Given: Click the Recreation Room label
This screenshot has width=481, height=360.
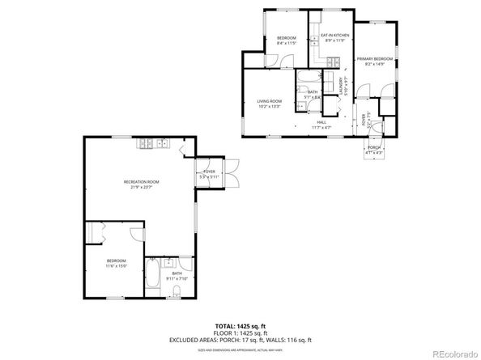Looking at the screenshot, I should [141, 182].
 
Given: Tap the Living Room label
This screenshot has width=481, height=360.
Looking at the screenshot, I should [269, 101].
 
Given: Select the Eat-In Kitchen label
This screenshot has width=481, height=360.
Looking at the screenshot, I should [334, 36].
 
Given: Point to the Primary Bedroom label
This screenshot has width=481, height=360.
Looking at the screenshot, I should [377, 59].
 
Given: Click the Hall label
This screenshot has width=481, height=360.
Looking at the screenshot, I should [322, 122].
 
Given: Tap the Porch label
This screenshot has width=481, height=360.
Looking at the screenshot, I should [373, 147].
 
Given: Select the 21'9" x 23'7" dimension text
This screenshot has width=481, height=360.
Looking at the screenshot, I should [141, 188].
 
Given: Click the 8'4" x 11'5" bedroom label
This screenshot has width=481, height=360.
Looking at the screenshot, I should [287, 39].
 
